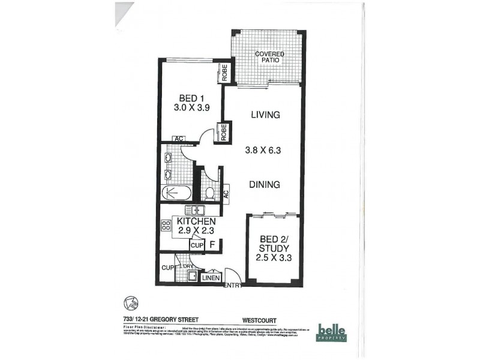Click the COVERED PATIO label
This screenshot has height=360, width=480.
pyautogui.click(x=269, y=57)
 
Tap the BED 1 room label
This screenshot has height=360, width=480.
pyautogui.click(x=188, y=103)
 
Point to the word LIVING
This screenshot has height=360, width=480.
pyautogui.click(x=265, y=115)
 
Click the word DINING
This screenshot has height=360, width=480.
pyautogui.click(x=265, y=185)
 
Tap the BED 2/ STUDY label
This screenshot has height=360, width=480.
pyautogui.click(x=274, y=248)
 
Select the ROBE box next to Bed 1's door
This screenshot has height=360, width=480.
pyautogui.click(x=223, y=132)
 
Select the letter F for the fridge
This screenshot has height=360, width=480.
pyautogui.click(x=212, y=244)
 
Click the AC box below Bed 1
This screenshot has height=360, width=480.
pyautogui.click(x=178, y=139)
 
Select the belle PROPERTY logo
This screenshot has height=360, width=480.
pyautogui.click(x=332, y=332)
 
